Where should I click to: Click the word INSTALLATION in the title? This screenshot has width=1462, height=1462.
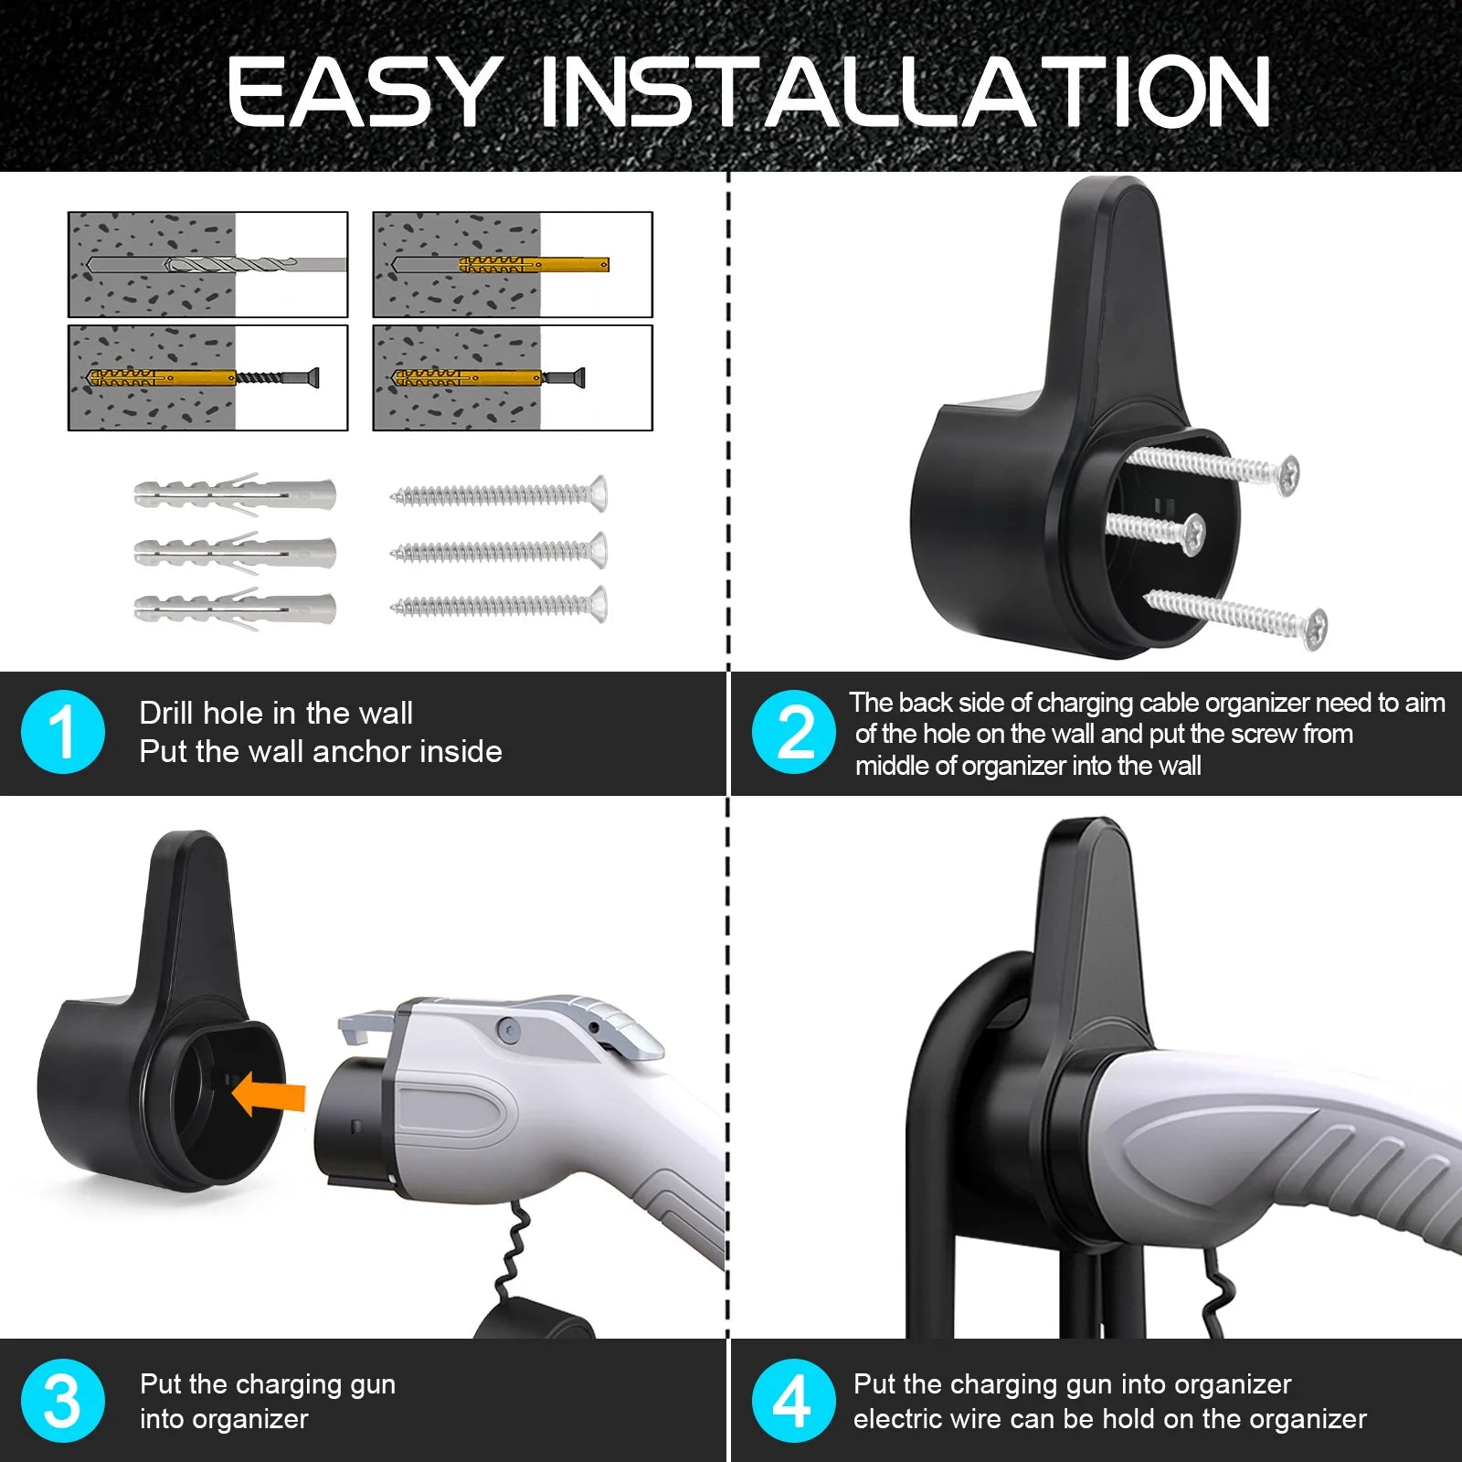coord(905,91)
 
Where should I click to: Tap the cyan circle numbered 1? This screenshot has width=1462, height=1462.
coord(62,732)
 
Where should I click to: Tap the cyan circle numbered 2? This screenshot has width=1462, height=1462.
coord(793,732)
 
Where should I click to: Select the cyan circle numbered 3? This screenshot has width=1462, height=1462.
coord(62,1401)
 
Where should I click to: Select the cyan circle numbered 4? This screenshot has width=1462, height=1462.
coord(793,1401)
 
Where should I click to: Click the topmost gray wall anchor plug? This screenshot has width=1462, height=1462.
coord(235,494)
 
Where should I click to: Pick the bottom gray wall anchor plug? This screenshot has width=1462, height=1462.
coord(235,607)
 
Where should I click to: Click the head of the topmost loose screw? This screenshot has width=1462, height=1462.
coord(598,494)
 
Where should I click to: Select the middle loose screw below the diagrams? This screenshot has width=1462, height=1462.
coord(498,551)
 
